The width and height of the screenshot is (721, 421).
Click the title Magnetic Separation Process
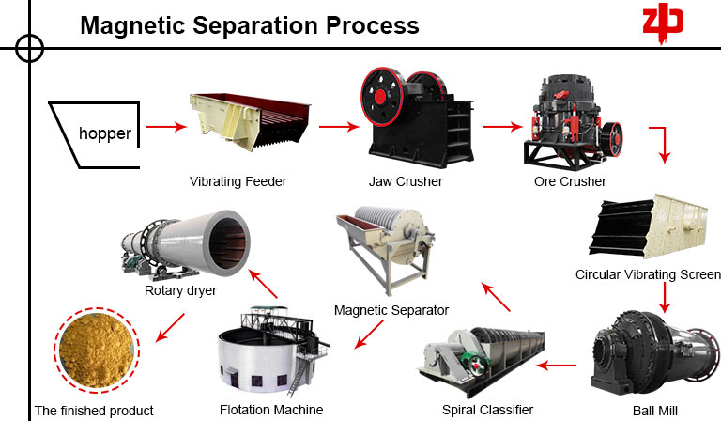[250, 24]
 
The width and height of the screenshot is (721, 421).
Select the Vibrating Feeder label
[238, 180]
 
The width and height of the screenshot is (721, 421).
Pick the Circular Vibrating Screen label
[647, 274]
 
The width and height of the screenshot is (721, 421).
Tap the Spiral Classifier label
[487, 410]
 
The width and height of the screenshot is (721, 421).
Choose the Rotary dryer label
[181, 290]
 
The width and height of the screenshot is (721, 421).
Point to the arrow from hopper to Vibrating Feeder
[166, 126]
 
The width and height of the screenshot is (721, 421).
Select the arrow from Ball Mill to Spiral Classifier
[562, 365]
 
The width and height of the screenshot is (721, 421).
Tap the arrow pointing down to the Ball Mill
[666, 297]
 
